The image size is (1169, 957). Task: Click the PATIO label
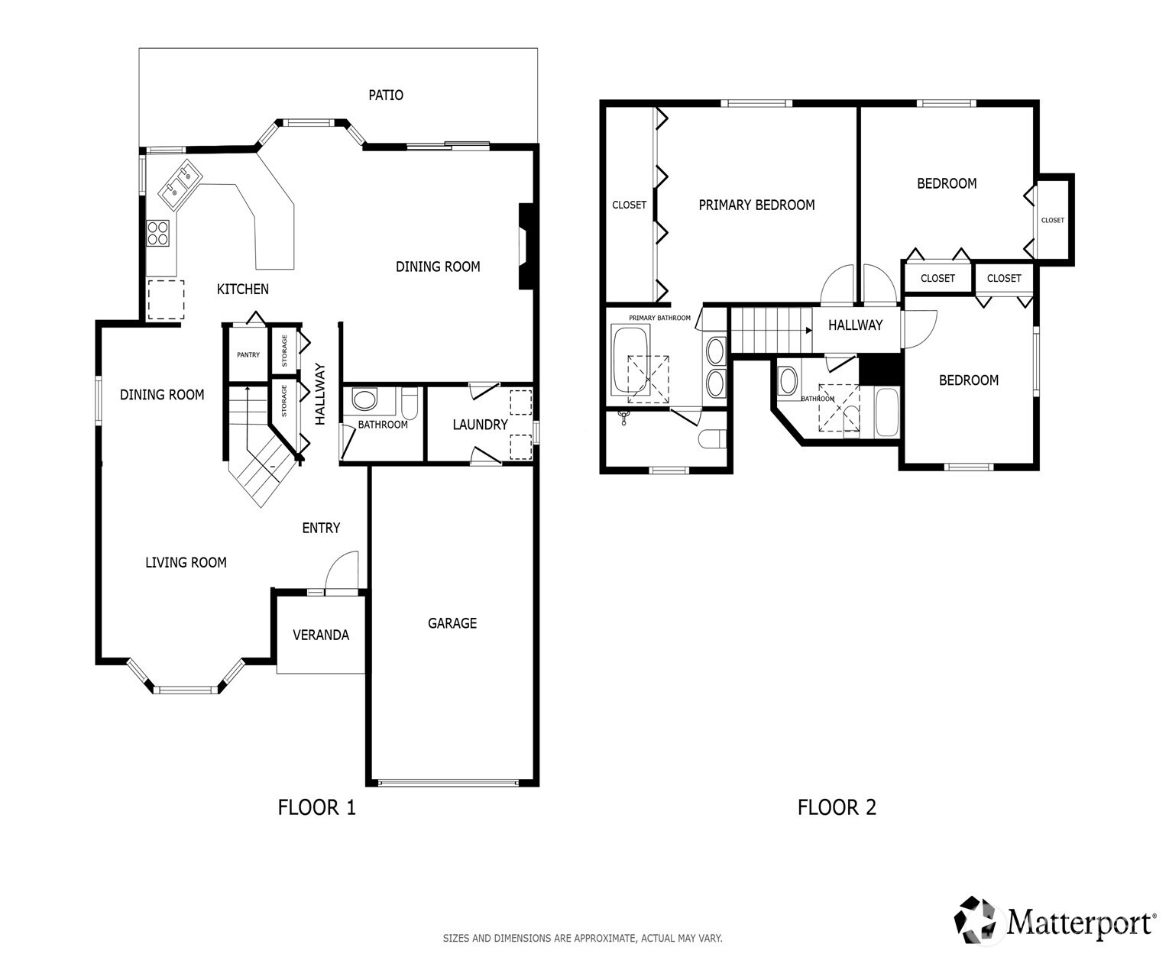[x=386, y=95]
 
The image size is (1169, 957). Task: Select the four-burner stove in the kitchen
[x=158, y=233]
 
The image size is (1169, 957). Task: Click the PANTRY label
[x=248, y=354]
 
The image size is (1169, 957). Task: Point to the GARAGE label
[x=452, y=623]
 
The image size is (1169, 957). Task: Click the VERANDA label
[x=321, y=635]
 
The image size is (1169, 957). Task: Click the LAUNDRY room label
[x=480, y=425]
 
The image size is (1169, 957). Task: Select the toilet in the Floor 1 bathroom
[x=410, y=403]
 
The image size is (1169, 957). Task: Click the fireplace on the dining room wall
[x=526, y=247]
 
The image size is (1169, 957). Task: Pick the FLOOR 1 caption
[x=316, y=807]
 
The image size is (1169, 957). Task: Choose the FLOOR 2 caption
[x=837, y=807]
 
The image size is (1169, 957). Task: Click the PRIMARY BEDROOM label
[x=756, y=205]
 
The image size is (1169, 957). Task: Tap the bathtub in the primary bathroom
[x=631, y=360]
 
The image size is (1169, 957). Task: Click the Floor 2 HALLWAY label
[x=855, y=325]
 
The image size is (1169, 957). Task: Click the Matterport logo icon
[x=978, y=920]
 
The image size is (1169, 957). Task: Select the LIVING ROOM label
[x=186, y=563]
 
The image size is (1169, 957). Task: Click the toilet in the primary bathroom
[x=712, y=439]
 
